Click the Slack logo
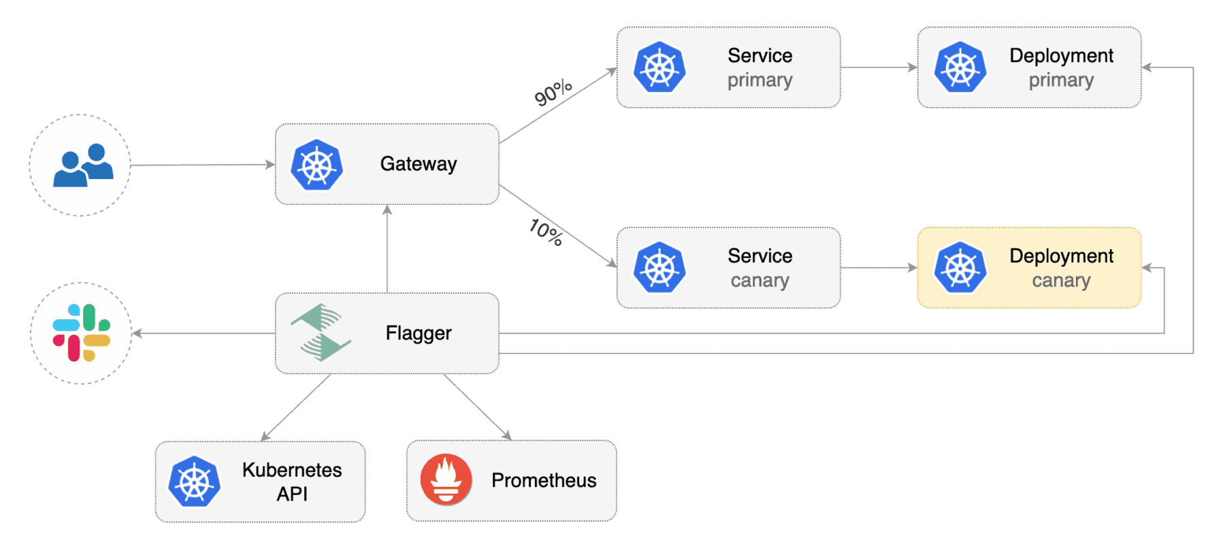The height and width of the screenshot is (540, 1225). coord(82,333)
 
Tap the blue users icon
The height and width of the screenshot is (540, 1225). coord(83,165)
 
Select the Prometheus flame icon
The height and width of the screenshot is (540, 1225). coord(446,479)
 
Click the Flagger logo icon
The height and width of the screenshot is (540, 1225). coord(321,332)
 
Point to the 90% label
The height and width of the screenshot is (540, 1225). coord(553,93)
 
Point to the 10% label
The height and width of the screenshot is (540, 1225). coord(546,232)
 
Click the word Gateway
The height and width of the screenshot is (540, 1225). coord(418,164)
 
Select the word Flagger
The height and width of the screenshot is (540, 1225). coord(418,333)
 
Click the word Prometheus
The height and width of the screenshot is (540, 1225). coord(543,480)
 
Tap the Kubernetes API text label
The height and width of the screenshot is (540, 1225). coord(292,481)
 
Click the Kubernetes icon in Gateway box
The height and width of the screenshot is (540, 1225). coord(316,165)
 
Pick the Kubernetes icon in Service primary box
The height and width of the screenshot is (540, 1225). coord(659,67)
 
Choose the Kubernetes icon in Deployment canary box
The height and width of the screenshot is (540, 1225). coord(960,268)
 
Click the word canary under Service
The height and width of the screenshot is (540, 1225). coord(759,281)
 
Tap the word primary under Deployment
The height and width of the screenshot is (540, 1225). coord(1060,80)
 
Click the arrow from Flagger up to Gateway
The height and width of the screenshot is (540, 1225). coord(387,249)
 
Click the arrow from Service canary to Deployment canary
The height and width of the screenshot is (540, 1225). coord(879,268)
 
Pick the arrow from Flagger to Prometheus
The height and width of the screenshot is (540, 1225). coord(477,407)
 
